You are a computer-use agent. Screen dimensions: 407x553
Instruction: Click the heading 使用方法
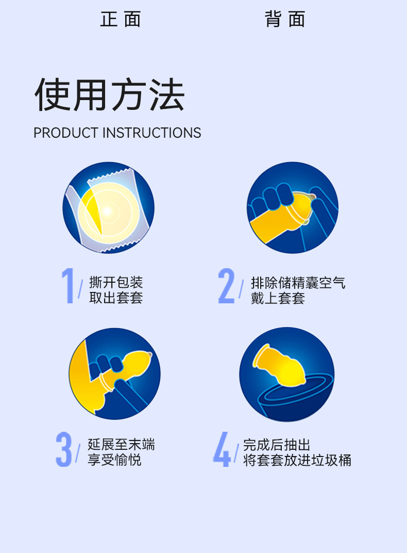click(x=110, y=94)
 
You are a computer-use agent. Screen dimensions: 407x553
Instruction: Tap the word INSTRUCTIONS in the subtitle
click(x=152, y=133)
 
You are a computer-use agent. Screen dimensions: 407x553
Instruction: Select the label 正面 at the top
click(x=121, y=19)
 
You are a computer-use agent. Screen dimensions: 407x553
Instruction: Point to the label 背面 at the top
click(x=285, y=19)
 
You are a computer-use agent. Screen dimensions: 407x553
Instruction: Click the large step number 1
click(x=68, y=286)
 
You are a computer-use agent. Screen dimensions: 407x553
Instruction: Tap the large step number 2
click(x=226, y=286)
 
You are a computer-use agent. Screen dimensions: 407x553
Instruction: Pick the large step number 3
click(x=64, y=449)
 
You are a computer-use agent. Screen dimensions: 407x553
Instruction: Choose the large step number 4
click(x=222, y=449)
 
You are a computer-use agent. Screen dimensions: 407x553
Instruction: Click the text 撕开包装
click(x=116, y=283)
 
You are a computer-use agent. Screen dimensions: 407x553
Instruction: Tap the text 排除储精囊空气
click(x=298, y=283)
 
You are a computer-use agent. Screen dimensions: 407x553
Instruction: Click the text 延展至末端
click(x=121, y=444)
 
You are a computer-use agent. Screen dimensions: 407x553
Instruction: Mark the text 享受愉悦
click(x=114, y=460)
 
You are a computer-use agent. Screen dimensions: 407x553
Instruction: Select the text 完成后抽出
click(x=277, y=445)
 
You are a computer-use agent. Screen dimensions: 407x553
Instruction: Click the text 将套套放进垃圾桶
click(x=297, y=460)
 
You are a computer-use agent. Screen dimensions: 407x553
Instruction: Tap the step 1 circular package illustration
click(x=108, y=207)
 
